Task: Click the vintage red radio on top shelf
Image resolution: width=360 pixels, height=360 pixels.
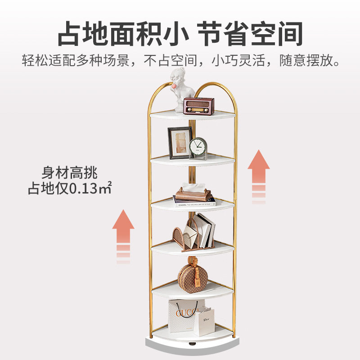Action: coord(199,105)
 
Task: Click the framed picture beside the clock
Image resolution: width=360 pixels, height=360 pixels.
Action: coord(180,142)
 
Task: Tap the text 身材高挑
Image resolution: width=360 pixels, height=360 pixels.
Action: coord(70,172)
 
